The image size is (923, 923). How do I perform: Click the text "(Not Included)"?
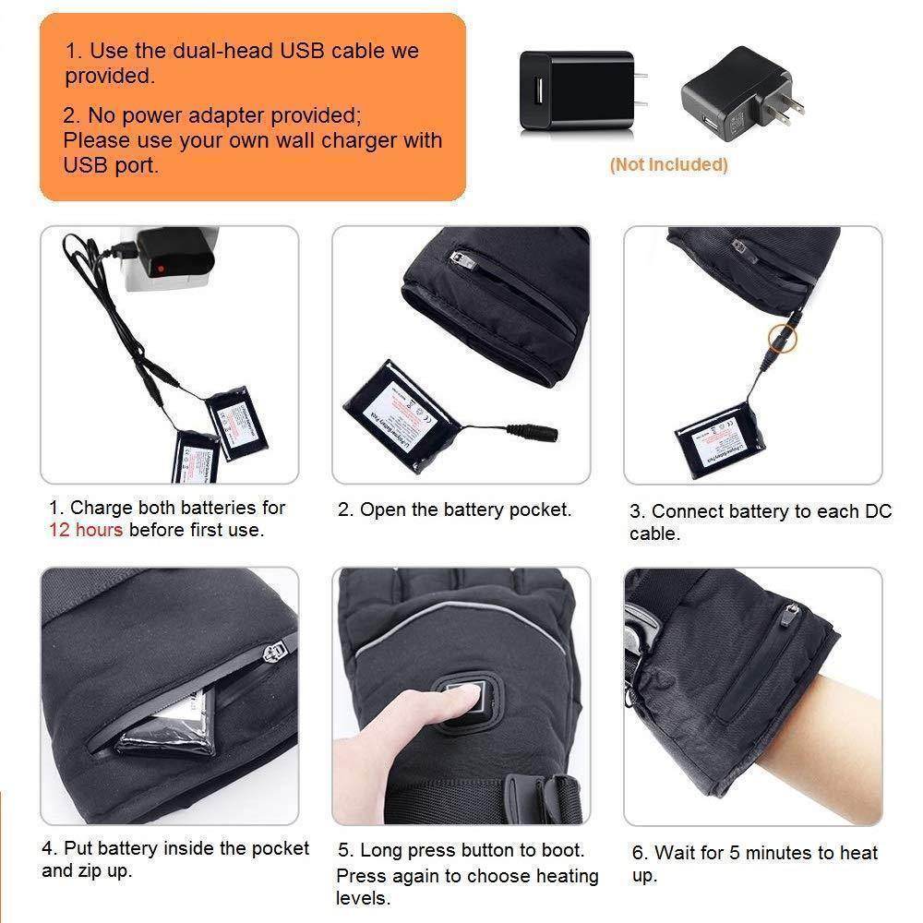[668, 165]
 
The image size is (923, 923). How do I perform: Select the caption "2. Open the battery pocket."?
[454, 509]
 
